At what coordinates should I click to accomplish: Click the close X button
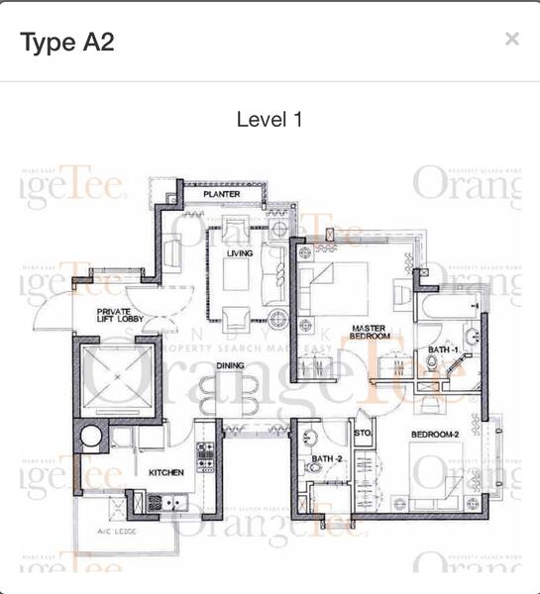[511, 40]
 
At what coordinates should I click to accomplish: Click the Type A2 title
[67, 42]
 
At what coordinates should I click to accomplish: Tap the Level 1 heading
[270, 120]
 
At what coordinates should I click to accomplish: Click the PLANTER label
[222, 195]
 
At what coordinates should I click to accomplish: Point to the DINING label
[231, 365]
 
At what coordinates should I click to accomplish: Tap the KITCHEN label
[166, 473]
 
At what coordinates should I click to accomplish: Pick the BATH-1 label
[443, 350]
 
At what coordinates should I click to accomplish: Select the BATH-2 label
[326, 458]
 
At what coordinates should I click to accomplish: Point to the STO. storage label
[363, 433]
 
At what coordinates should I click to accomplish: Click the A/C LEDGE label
[117, 532]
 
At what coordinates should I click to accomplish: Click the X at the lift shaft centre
[115, 377]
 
